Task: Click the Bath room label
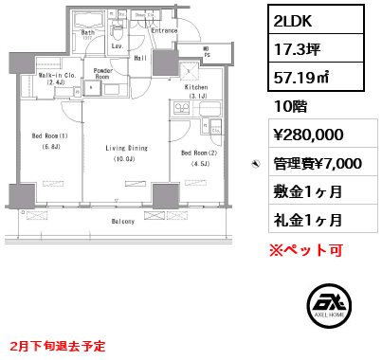click(87, 33)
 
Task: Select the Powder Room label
click(104, 75)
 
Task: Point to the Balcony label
click(120, 221)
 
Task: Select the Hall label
click(139, 59)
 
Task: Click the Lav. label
click(118, 45)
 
